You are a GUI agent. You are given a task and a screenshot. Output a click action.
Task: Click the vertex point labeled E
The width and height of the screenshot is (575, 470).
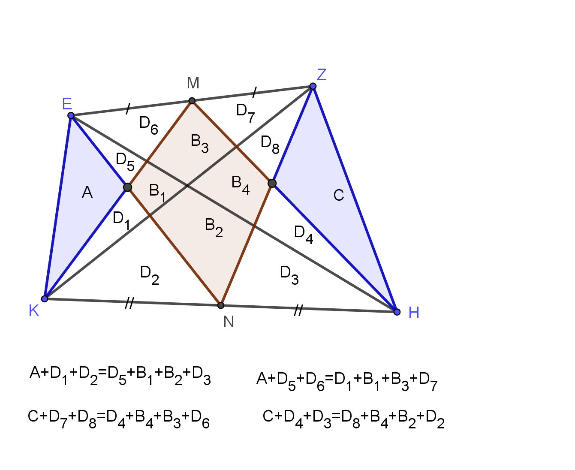click(x=71, y=116)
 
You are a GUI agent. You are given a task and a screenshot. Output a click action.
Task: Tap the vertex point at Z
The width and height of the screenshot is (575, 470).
click(x=313, y=86)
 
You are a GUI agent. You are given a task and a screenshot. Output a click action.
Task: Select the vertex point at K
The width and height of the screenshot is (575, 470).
click(x=45, y=298)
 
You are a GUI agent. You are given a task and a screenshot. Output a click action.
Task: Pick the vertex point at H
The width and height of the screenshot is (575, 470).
click(x=397, y=312)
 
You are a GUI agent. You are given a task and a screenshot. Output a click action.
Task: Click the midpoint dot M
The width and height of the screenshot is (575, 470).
click(x=192, y=101)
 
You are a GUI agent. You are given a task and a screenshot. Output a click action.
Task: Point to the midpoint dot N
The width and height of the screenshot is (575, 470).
click(x=221, y=305)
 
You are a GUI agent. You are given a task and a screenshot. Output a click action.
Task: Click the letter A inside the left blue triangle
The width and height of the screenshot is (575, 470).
click(x=87, y=192)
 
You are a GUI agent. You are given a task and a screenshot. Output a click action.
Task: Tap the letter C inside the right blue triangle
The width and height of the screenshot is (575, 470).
click(x=339, y=195)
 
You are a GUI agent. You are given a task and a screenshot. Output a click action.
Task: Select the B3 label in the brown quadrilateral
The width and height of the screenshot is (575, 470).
click(x=199, y=143)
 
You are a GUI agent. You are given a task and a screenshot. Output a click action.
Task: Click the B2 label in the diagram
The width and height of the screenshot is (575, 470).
click(x=214, y=227)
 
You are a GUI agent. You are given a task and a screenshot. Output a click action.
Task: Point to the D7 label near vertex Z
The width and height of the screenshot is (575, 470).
click(x=245, y=113)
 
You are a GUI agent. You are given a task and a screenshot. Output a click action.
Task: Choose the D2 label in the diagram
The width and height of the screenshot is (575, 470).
click(x=149, y=275)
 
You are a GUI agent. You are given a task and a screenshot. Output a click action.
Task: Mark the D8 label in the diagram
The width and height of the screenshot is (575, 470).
click(x=270, y=145)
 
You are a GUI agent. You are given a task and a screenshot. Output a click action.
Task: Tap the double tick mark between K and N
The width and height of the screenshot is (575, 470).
click(x=129, y=303)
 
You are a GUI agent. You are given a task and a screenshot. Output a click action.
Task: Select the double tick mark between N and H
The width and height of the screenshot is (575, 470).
click(x=298, y=310)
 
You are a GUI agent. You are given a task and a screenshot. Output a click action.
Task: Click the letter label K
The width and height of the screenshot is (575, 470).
click(x=34, y=310)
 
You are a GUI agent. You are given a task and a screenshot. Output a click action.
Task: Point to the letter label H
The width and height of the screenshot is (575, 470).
click(x=414, y=313)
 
